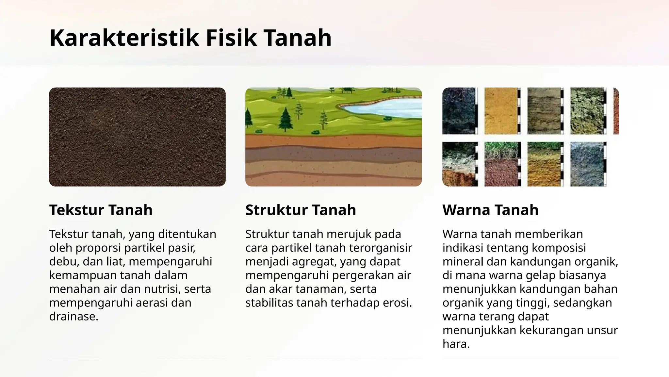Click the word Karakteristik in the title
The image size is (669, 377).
coord(124,38)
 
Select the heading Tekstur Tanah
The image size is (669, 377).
coord(101,210)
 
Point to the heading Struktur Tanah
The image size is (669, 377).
coord(301,210)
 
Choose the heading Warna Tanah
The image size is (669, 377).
coord(490,210)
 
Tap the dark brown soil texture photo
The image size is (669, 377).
coord(137,137)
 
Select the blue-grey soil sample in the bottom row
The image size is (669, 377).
coord(587,164)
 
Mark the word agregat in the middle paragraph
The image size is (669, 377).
coord(314,261)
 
